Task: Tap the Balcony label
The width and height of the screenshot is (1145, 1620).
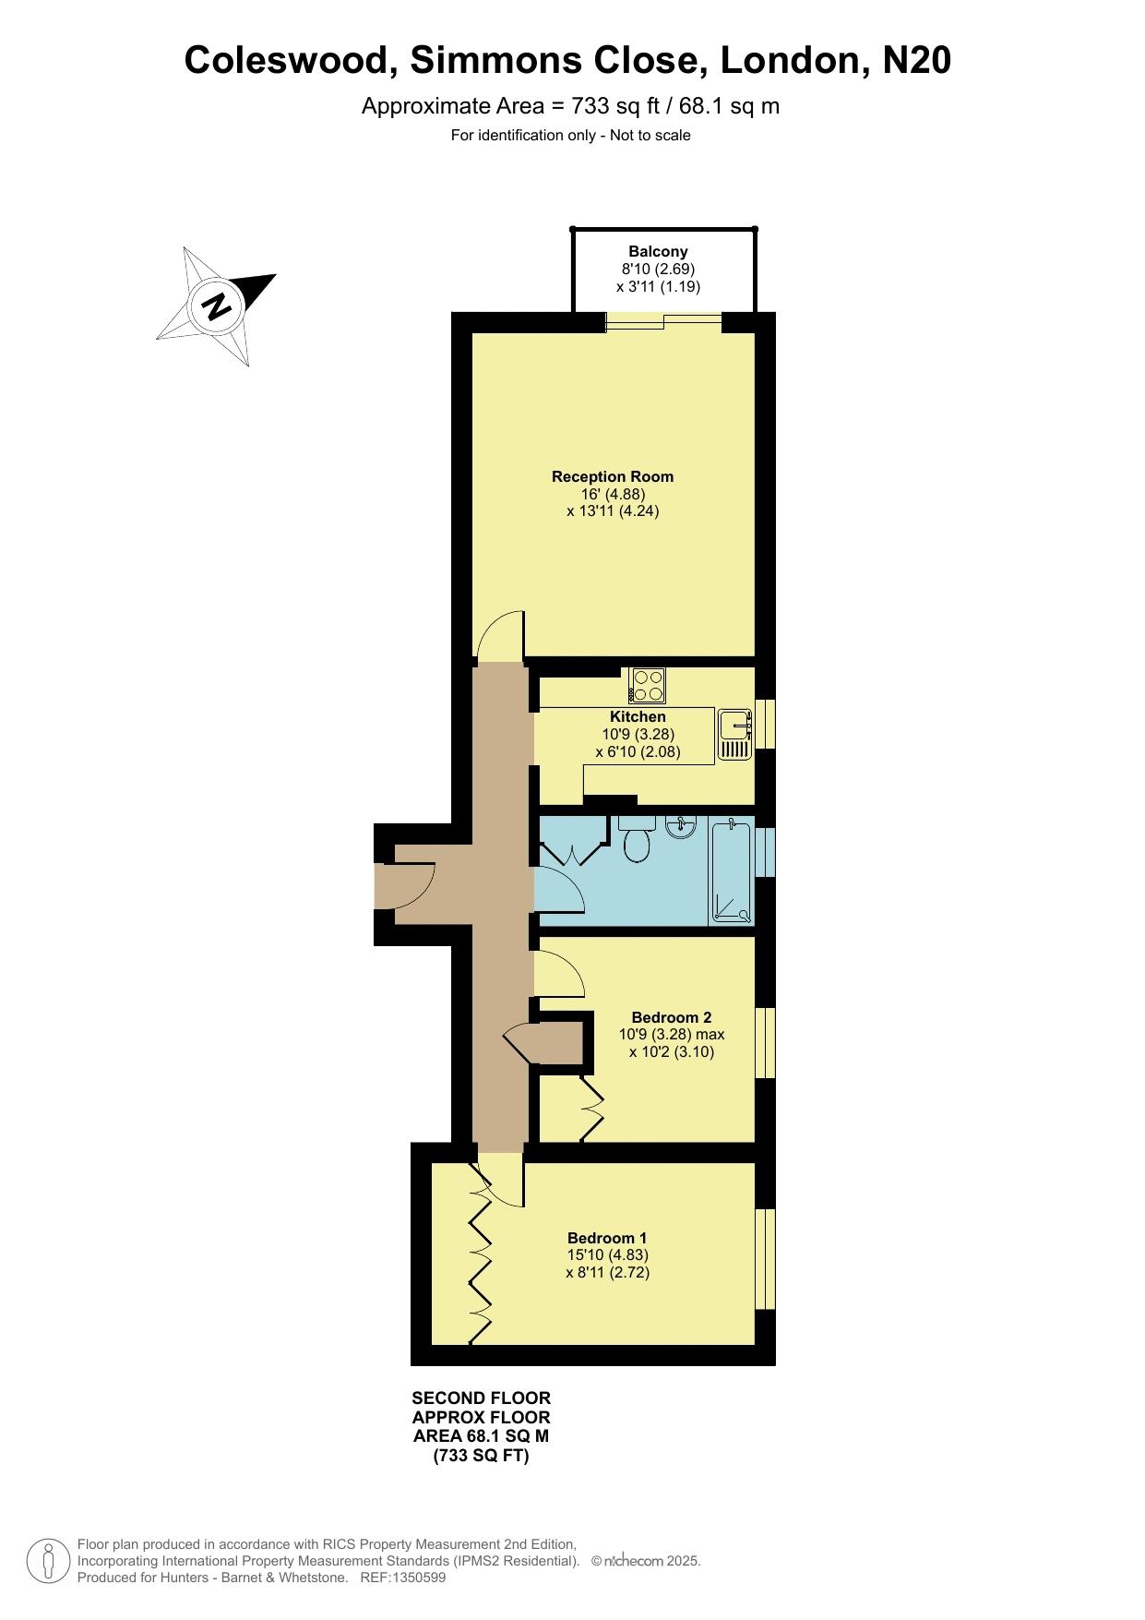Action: click(x=658, y=251)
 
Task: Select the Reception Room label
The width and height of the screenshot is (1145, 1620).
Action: click(x=613, y=476)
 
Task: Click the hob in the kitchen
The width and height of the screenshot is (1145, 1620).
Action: click(x=648, y=685)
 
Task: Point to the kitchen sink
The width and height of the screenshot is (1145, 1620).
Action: click(x=735, y=735)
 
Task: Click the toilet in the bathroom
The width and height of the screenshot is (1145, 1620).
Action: click(x=637, y=838)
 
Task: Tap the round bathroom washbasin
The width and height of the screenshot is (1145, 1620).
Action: click(x=680, y=825)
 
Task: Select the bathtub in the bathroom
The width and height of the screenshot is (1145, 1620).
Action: click(x=731, y=870)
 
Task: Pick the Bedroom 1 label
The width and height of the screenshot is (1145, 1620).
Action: click(x=607, y=1238)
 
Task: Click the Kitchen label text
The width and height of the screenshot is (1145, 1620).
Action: click(x=638, y=716)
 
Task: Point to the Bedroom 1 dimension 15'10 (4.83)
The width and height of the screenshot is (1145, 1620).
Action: click(x=608, y=1255)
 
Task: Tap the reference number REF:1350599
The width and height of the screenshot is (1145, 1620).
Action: click(x=403, y=1578)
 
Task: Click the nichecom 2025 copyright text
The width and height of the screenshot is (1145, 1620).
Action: click(x=646, y=1561)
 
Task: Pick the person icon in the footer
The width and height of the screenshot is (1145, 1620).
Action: click(x=48, y=1561)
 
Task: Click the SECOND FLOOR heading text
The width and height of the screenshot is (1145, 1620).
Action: click(x=481, y=1398)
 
